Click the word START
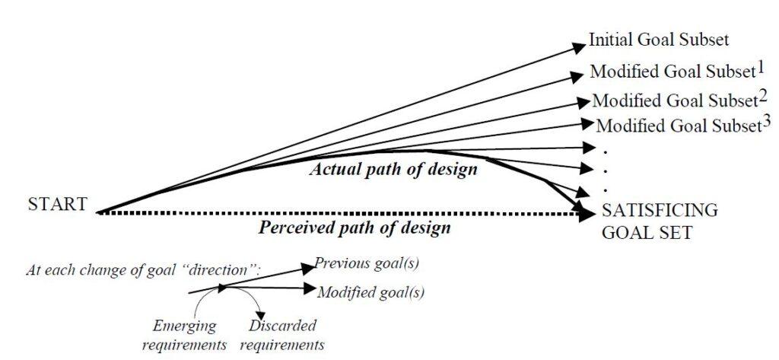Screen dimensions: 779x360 (58, 205)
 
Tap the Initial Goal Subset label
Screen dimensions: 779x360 (659, 40)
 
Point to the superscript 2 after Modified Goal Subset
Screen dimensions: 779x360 (763, 95)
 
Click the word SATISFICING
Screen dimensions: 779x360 (660, 210)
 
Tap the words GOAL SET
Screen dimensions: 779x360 (647, 233)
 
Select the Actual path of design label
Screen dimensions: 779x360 (393, 170)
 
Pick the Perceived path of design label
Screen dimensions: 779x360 (355, 228)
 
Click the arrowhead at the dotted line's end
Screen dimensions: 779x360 (588, 214)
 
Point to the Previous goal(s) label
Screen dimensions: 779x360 (367, 263)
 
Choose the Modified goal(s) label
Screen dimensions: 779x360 (371, 292)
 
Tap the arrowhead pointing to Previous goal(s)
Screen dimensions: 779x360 (308, 267)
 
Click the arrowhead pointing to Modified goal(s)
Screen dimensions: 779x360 (310, 288)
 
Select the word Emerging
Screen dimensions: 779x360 (184, 327)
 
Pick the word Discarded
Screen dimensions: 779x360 (281, 327)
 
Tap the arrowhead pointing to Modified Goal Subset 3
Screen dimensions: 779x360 (588, 122)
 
